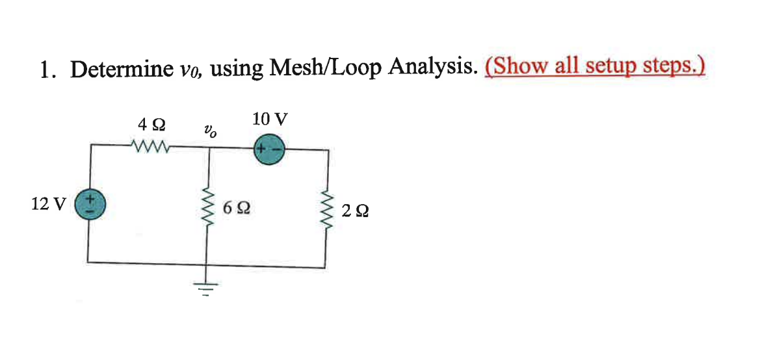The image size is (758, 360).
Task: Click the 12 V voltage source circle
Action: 88,203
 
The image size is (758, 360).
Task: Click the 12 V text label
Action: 48,204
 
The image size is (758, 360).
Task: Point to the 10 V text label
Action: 270,119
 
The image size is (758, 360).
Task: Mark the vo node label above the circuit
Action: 209,131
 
